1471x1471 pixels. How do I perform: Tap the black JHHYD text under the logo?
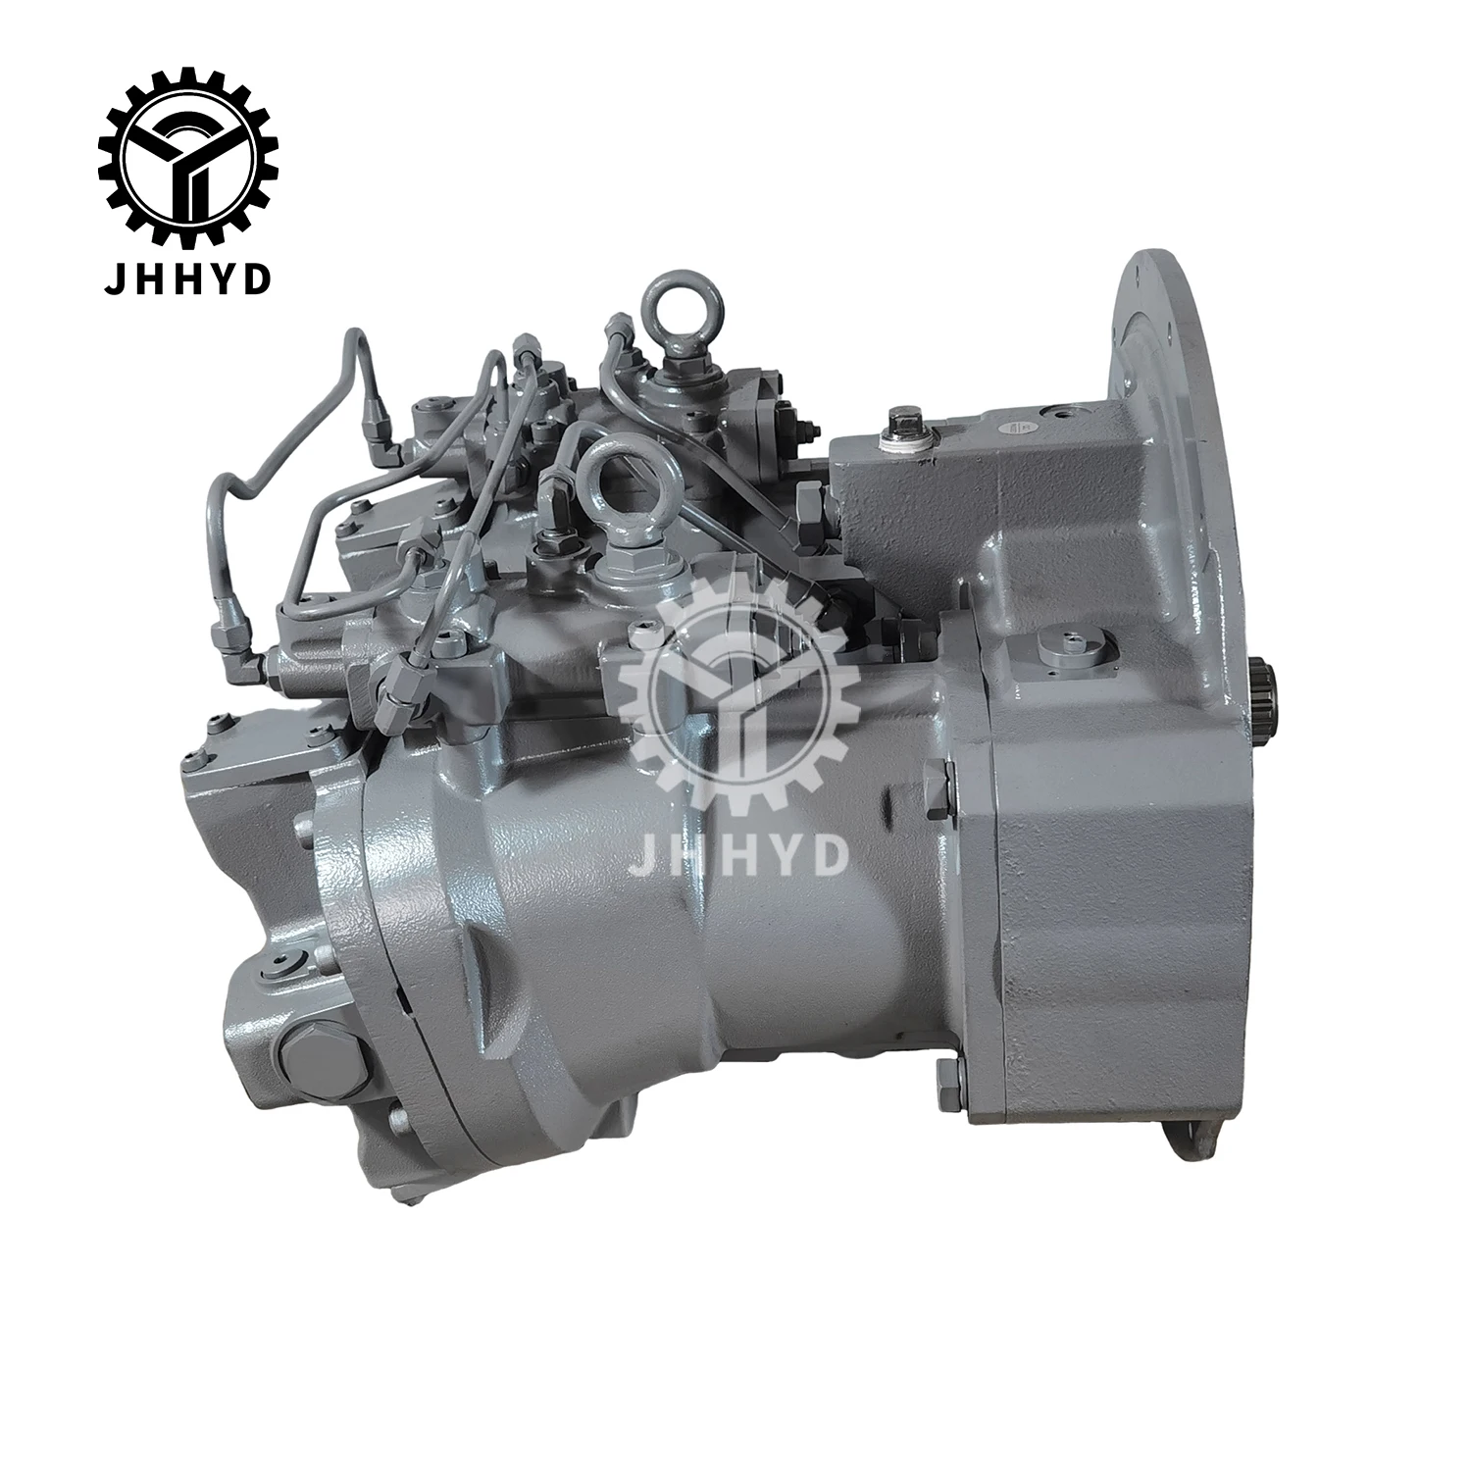187,253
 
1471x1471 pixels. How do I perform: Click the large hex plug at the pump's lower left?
308,1055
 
